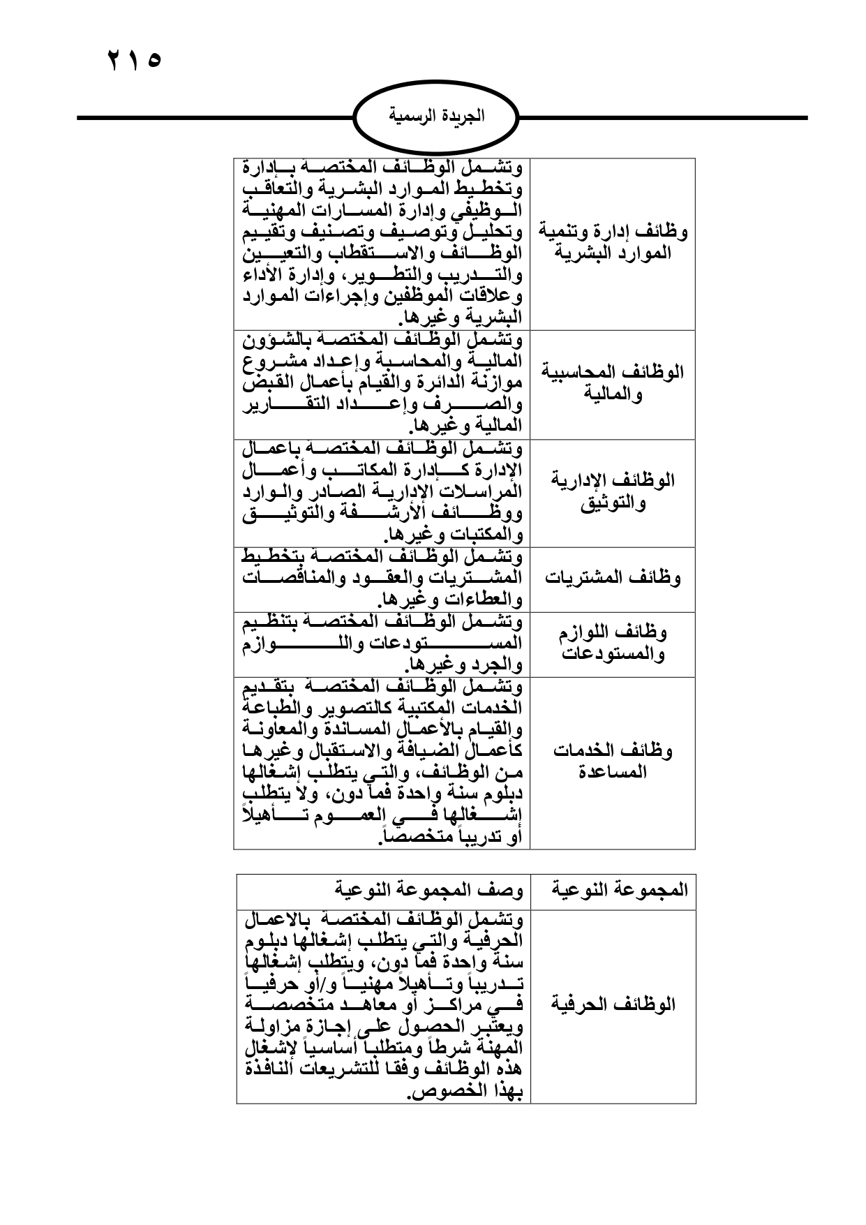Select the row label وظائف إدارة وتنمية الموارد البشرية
coord(613,242)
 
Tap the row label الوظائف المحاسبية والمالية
coord(613,383)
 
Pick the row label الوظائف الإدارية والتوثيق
coord(613,491)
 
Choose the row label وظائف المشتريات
coord(613,578)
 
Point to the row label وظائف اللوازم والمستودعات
coord(613,644)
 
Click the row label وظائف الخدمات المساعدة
coord(613,762)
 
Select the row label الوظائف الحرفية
coord(613,1005)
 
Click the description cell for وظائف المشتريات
coord(382,578)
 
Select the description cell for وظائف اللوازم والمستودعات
coord(382,644)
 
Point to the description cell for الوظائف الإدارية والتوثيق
coord(382,491)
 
